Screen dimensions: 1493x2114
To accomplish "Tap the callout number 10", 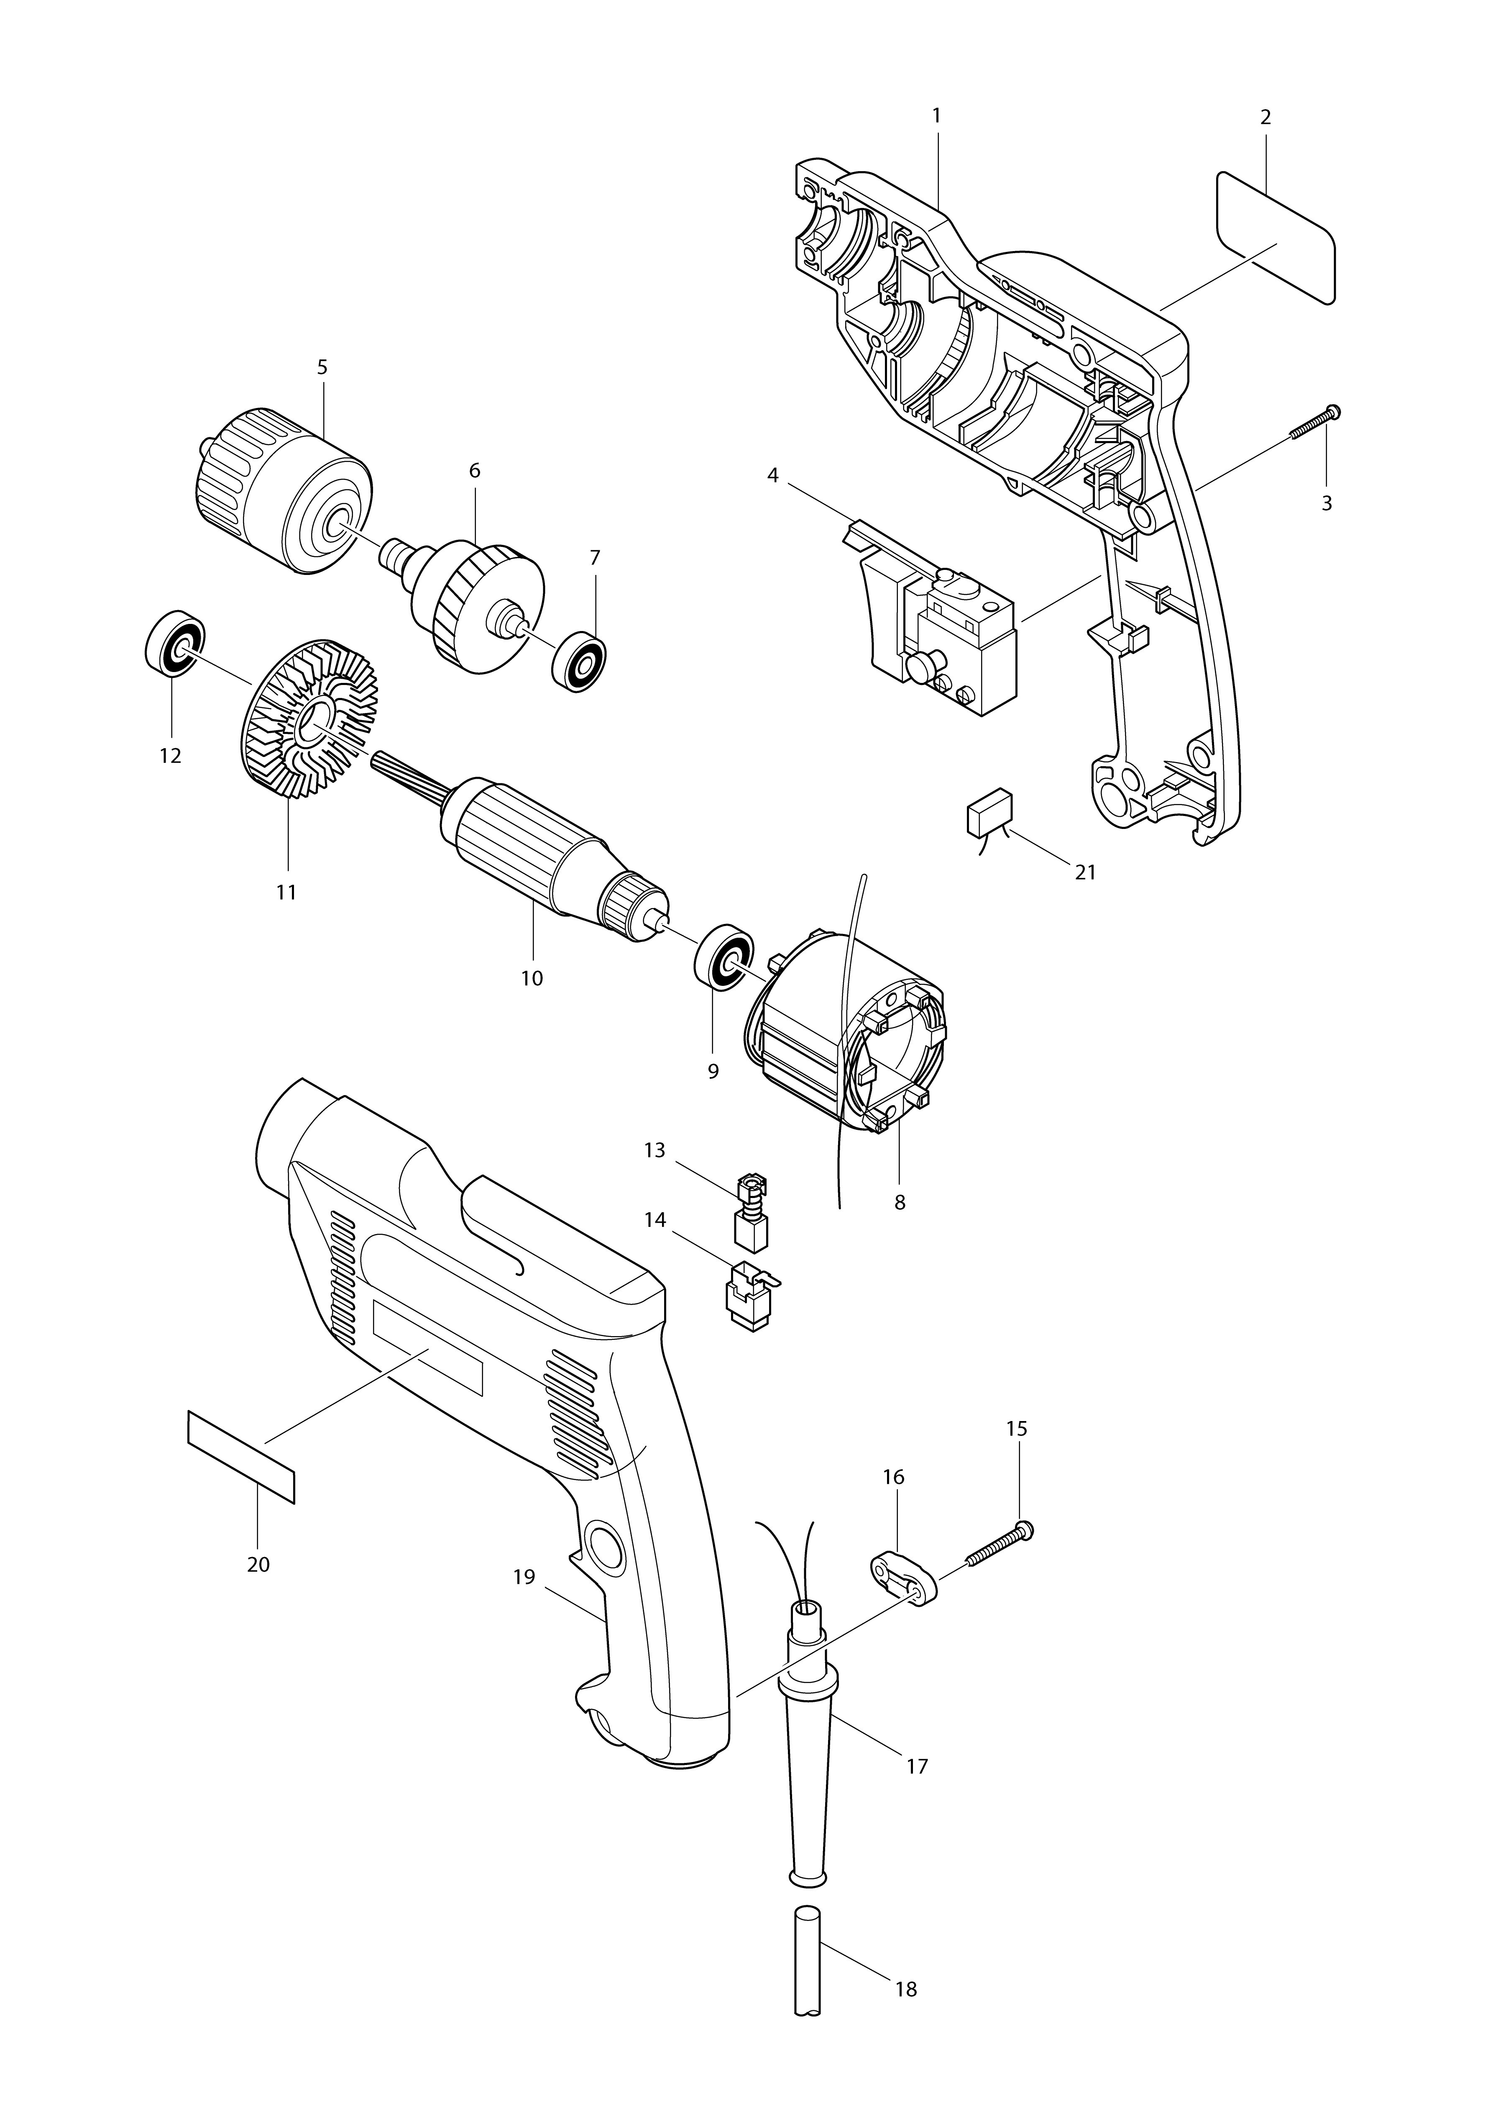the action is tap(532, 978).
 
